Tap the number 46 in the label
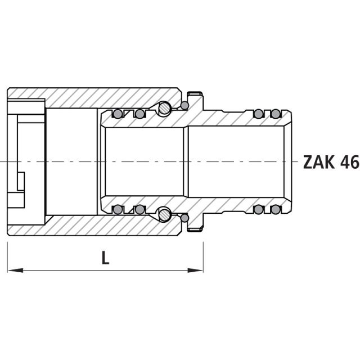tap(348, 162)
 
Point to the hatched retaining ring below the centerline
tap(164, 214)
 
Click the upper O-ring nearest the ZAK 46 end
tap(275, 114)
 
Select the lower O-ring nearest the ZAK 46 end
tap(275, 209)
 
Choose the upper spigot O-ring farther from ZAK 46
tap(258, 114)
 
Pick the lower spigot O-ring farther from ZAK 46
tap(258, 209)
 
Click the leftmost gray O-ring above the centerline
tap(118, 114)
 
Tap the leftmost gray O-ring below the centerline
tap(118, 209)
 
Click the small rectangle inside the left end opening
tap(21, 181)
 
